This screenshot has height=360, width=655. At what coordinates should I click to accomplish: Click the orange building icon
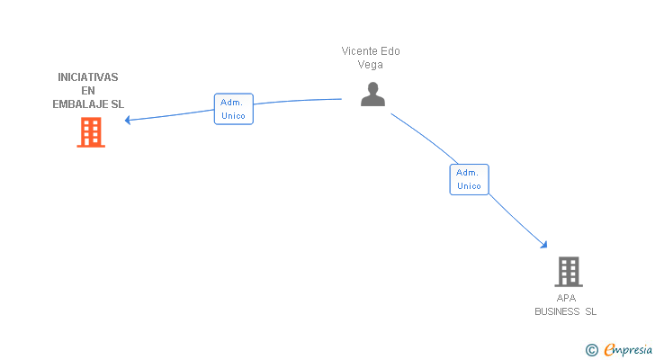pos(91,132)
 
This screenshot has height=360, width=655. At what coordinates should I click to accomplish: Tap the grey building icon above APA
pos(569,272)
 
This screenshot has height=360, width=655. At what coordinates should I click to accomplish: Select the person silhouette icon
pos(372,94)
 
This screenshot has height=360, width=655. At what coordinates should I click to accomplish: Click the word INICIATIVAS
pos(88,77)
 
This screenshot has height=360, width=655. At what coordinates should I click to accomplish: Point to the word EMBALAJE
pos(80,104)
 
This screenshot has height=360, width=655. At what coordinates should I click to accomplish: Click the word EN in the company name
pos(88,91)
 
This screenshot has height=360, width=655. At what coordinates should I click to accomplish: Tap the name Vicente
pos(359,51)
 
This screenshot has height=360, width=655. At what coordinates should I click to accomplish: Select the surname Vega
pos(370,65)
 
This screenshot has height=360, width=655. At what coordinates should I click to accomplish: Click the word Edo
pos(390,51)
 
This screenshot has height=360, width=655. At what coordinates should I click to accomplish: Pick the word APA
pos(566,298)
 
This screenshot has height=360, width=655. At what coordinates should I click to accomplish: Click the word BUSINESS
pos(557,311)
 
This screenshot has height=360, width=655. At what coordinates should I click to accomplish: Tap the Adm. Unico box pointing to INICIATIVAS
pos(234,109)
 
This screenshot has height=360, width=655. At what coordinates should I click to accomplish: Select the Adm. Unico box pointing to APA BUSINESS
pos(469,179)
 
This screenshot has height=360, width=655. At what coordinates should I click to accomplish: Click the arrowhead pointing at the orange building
pos(128,120)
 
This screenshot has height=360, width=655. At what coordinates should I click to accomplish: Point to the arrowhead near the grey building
pos(543,244)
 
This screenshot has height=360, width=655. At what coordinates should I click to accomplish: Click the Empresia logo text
pos(628,349)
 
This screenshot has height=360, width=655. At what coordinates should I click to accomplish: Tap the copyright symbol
pos(591,350)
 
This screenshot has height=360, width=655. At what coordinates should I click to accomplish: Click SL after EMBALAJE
pos(117,104)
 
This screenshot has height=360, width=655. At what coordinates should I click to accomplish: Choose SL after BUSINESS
pos(590,311)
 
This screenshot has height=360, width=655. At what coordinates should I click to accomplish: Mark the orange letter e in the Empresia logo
pos(610,349)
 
